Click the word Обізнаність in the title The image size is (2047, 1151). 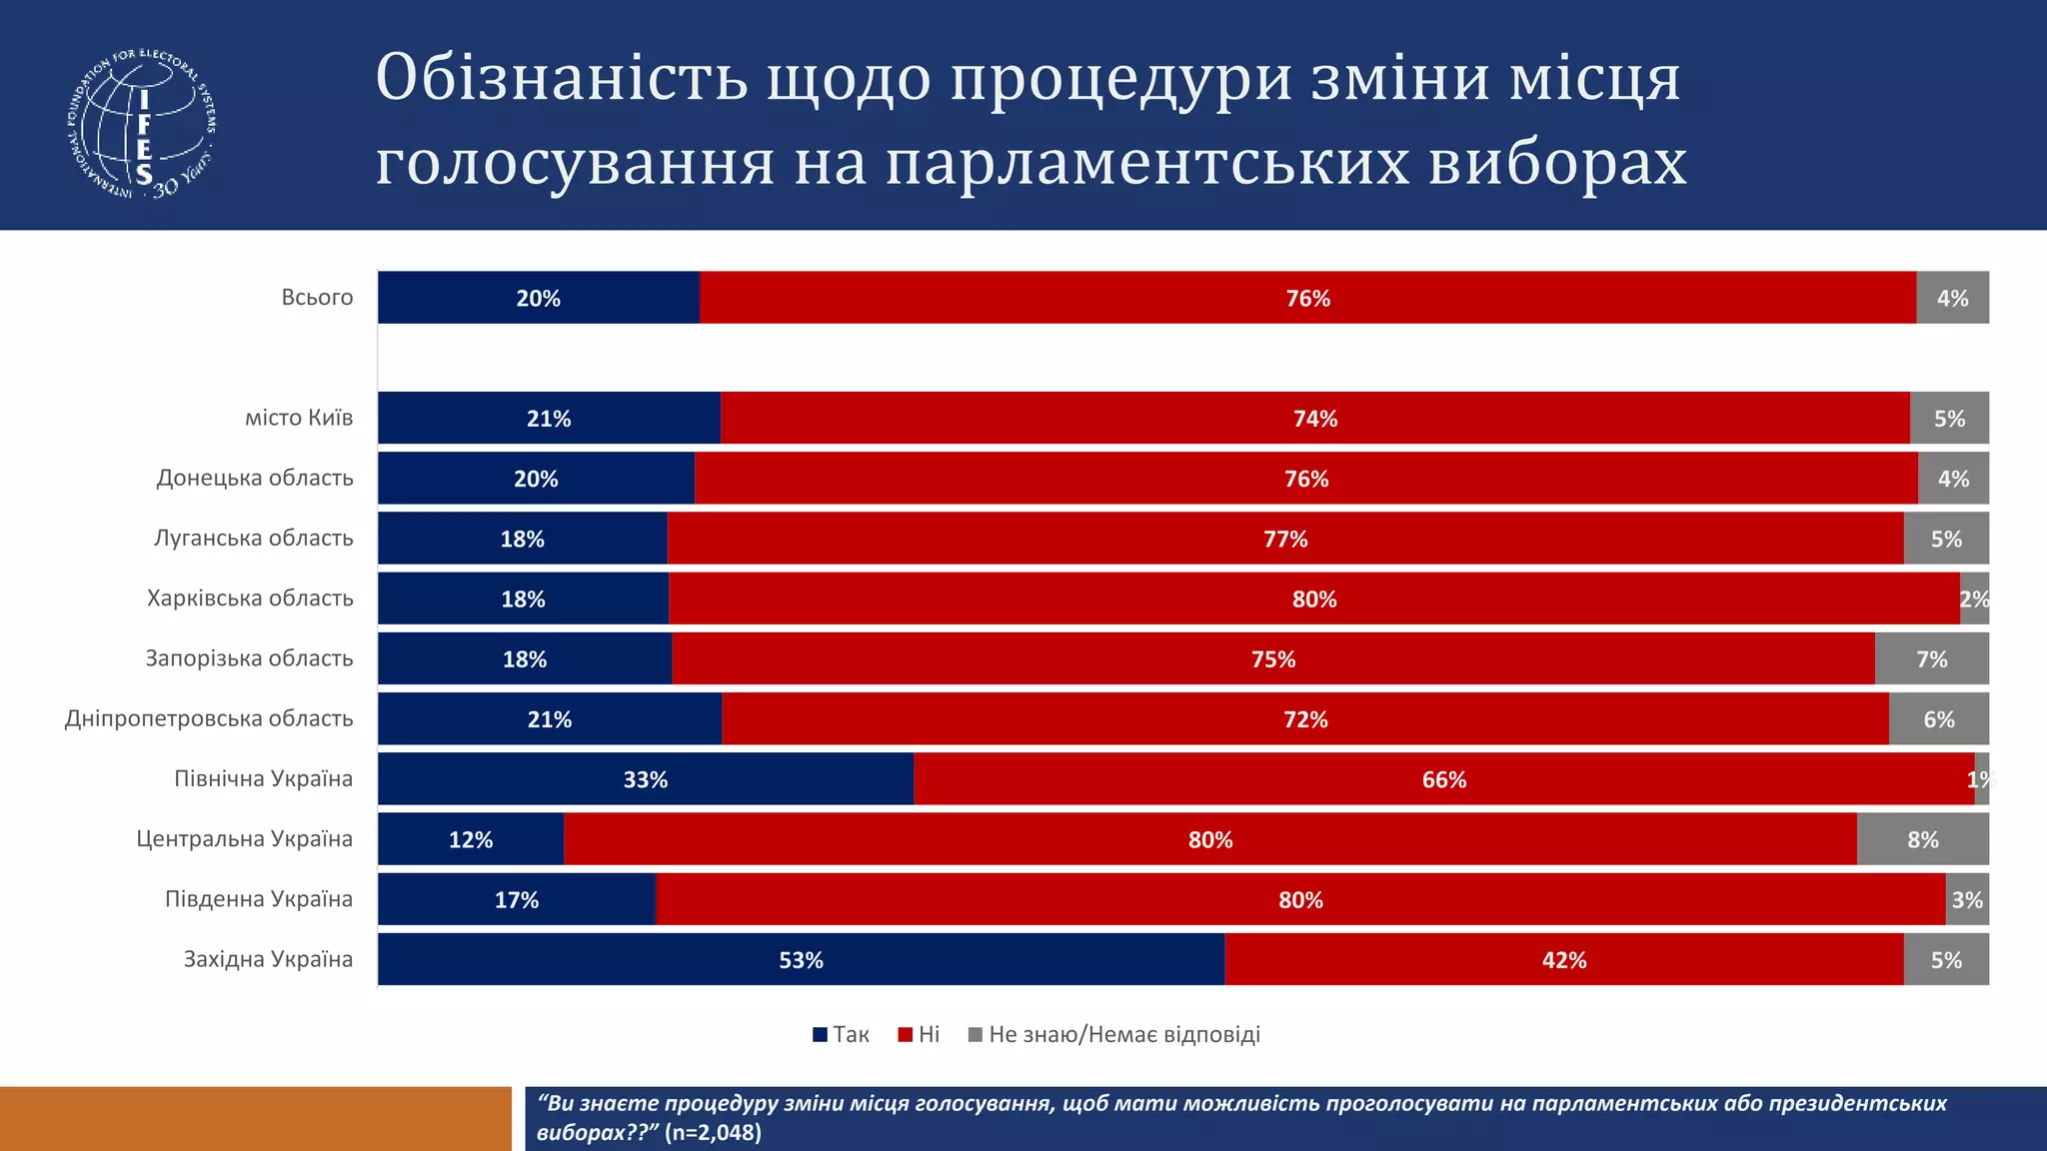[562, 78]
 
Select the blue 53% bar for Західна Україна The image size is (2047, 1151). [801, 960]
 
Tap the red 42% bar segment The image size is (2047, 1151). [1564, 960]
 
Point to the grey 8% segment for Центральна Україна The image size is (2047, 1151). [1922, 840]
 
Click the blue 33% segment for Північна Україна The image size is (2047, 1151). [645, 779]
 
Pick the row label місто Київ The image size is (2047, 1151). [299, 418]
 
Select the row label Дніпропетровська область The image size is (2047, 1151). [209, 718]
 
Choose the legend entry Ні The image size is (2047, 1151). [920, 1035]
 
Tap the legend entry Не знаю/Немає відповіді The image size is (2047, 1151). [1114, 1035]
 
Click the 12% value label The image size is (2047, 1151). [470, 840]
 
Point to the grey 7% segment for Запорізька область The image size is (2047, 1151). [1931, 659]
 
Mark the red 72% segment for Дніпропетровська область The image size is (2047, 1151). [1305, 719]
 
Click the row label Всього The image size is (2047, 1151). [317, 298]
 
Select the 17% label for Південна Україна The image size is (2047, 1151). [517, 900]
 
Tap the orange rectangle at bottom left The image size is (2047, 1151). [255, 1118]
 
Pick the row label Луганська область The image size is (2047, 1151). [254, 539]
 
